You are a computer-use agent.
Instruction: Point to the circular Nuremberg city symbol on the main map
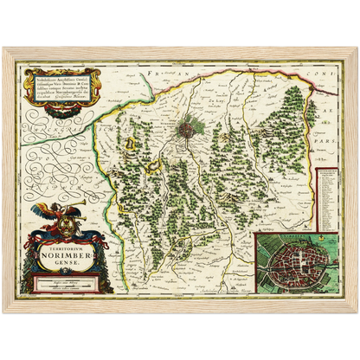185,132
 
